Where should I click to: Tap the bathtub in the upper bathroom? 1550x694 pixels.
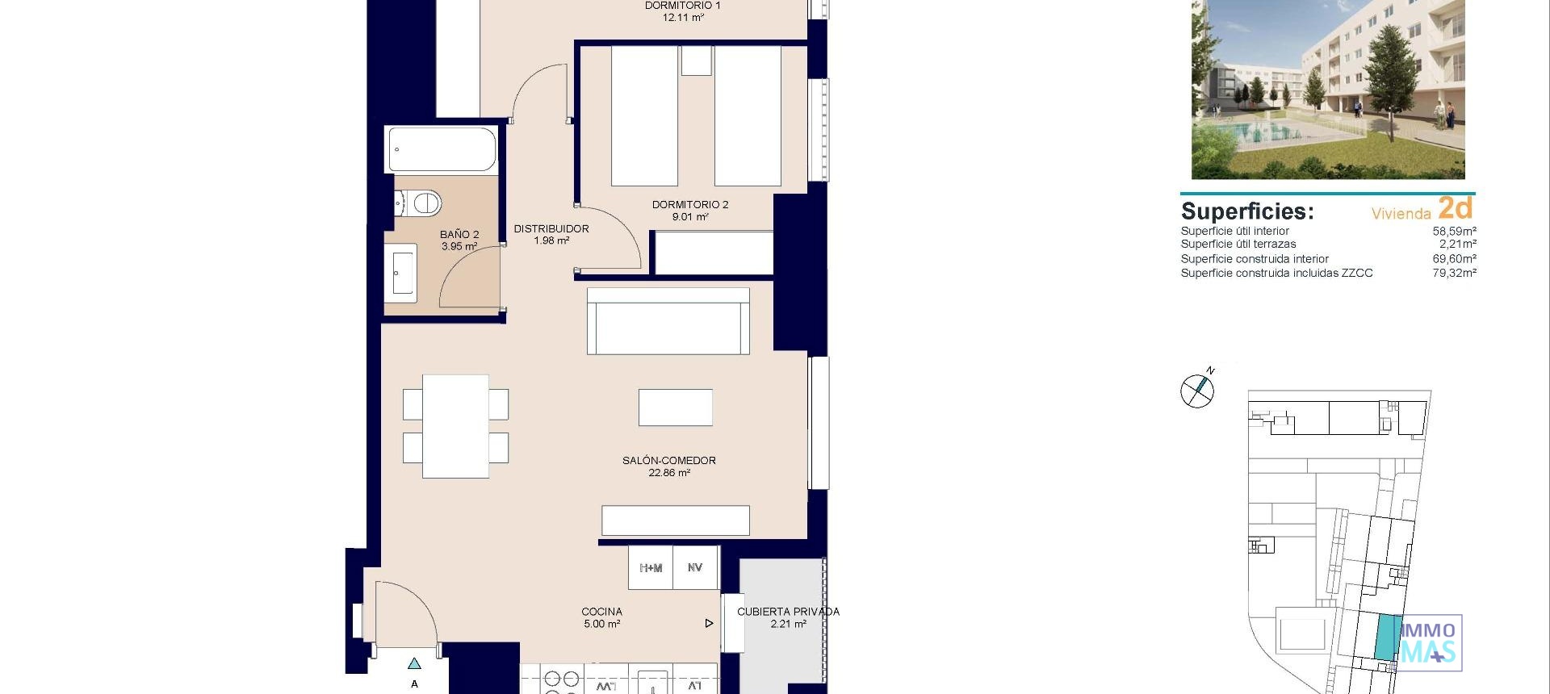point(442,150)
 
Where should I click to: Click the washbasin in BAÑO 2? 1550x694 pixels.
point(400,273)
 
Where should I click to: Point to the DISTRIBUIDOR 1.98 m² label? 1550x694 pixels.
point(551,235)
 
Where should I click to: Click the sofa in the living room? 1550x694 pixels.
point(668,322)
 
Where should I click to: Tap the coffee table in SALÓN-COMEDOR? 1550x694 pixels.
point(675,408)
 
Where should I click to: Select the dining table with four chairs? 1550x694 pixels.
point(455,426)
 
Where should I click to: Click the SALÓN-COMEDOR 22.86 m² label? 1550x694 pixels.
point(668,466)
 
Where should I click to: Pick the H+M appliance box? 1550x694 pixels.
point(651,568)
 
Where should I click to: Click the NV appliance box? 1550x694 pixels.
point(695,568)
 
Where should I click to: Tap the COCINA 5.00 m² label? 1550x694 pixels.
point(602,617)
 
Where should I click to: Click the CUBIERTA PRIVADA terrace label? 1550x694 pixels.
point(788,617)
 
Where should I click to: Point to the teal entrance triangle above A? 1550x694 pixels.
point(414,664)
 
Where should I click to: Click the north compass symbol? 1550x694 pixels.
point(1197,391)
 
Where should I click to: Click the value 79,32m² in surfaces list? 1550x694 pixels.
point(1454,274)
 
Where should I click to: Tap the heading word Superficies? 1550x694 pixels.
point(1246,211)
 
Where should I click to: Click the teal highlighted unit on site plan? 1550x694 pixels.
point(1388,637)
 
